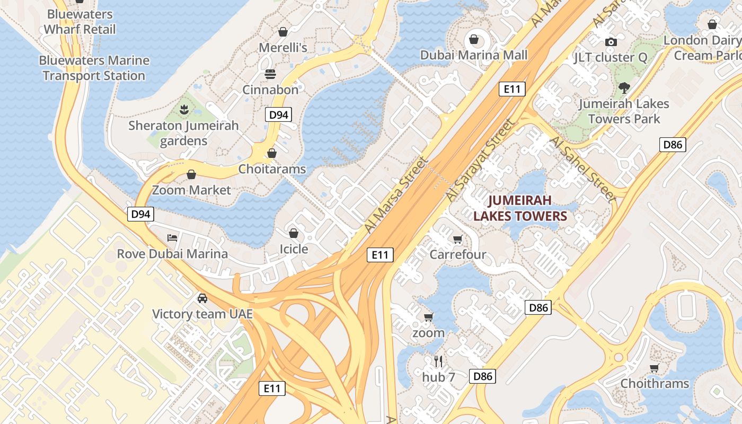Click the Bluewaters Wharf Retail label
79,21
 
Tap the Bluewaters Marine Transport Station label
94,68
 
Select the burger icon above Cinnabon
270,74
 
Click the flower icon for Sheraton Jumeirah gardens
184,110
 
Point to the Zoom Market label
191,190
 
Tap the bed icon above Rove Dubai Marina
172,237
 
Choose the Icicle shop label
294,249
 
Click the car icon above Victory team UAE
202,298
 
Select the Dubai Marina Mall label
474,55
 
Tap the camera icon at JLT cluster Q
611,42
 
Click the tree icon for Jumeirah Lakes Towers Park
624,87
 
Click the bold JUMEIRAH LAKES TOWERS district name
520,208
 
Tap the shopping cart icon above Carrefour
457,239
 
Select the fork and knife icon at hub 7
438,361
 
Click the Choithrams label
655,383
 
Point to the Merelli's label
283,48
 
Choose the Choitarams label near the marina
272,169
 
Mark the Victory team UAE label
202,314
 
